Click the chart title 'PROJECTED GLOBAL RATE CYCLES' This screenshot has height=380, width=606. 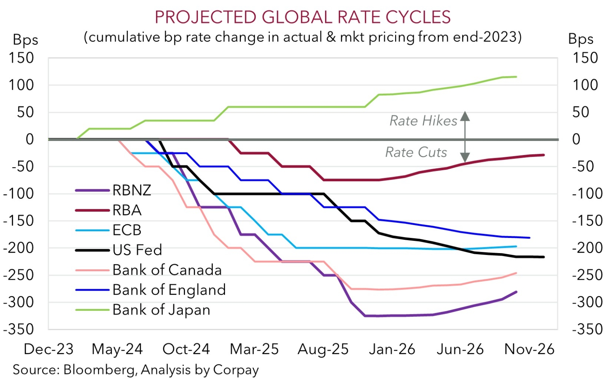303,17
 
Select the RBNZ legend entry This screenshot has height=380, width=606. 132,190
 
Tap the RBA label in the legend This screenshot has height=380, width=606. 127,210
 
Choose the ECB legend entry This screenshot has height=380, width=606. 127,230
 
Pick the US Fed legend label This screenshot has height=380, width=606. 137,250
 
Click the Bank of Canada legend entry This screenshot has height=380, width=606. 167,270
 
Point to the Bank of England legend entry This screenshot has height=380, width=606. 169,290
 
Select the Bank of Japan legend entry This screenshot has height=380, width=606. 161,310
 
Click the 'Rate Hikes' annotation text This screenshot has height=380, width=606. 423,121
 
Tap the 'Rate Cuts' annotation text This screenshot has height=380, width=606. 416,152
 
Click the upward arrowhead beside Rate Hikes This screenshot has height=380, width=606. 465,116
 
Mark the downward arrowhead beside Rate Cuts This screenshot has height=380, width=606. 465,157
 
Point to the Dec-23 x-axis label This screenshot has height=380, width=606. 48,349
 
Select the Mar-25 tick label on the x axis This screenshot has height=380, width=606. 254,349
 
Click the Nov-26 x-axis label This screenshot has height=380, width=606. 529,349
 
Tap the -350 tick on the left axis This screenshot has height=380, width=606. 18,329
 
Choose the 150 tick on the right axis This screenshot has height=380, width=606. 585,58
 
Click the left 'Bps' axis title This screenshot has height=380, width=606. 26,40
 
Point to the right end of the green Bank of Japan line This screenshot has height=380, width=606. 516,77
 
